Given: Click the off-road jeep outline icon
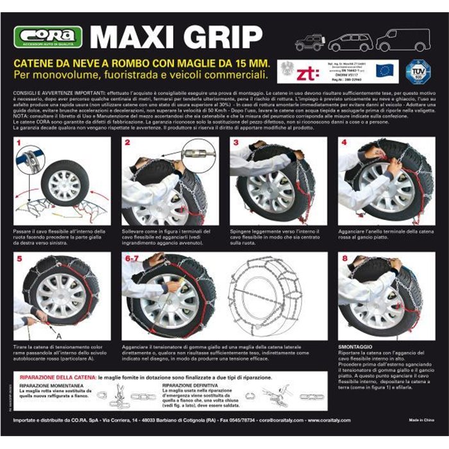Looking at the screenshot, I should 310,42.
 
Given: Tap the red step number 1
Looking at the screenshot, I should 19,142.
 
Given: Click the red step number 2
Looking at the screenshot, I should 127,142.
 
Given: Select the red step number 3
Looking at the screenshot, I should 236,142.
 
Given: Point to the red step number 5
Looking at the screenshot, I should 19,260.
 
